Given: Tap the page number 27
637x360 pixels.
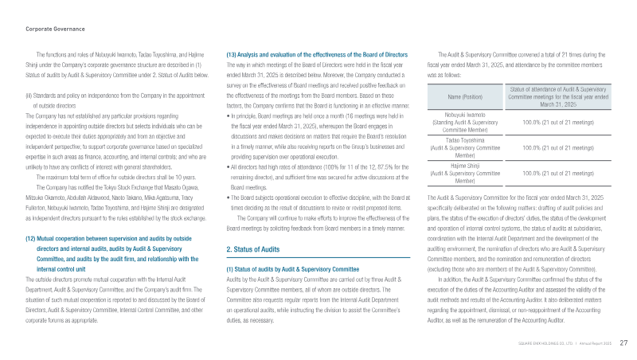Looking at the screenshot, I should [x=623, y=342].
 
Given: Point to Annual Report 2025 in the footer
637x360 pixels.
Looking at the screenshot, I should [x=595, y=342].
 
